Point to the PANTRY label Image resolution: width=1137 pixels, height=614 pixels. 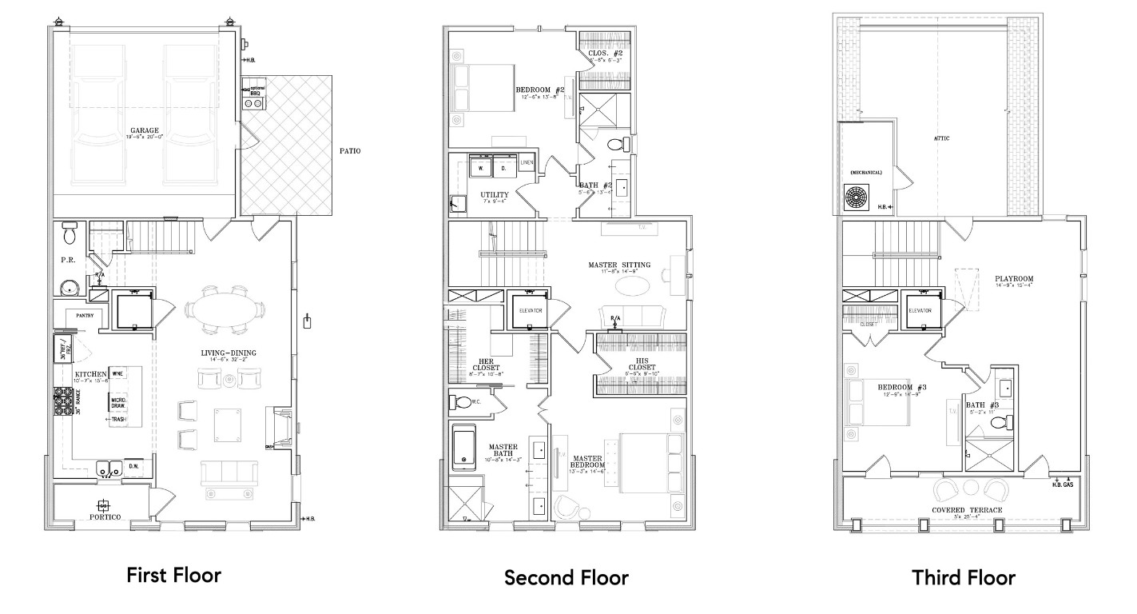[x=85, y=315]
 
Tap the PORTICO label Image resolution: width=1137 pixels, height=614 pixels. [x=104, y=518]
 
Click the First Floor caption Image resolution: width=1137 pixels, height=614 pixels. [x=173, y=575]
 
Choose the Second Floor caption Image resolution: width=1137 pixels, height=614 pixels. [x=566, y=577]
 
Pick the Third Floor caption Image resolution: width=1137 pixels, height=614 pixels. [x=964, y=577]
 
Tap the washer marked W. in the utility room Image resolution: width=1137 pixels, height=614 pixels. [x=481, y=168]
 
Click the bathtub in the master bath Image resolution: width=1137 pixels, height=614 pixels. [x=464, y=448]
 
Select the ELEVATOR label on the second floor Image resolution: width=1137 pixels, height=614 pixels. [x=531, y=310]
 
